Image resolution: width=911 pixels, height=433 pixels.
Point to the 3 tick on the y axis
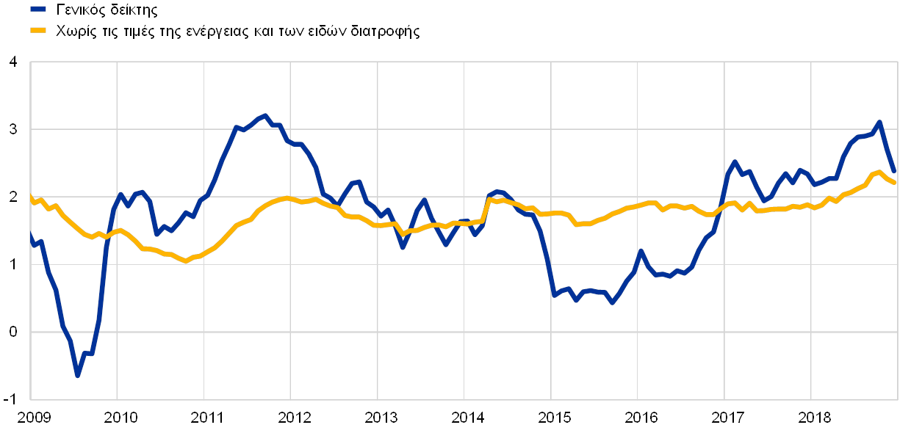click(x=12, y=129)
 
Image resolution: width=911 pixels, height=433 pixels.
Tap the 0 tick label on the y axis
click(x=12, y=333)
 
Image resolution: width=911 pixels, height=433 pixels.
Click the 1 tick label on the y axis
click(x=12, y=265)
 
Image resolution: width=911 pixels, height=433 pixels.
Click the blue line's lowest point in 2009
click(x=77, y=376)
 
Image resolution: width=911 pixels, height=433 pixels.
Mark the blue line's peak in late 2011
click(x=265, y=115)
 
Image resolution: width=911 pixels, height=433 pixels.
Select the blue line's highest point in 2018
click(x=879, y=122)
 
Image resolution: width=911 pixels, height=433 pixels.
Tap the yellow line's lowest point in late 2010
click(x=186, y=261)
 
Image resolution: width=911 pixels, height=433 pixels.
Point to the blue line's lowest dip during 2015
click(x=612, y=302)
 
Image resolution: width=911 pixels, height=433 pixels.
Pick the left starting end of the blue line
click(x=30, y=233)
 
